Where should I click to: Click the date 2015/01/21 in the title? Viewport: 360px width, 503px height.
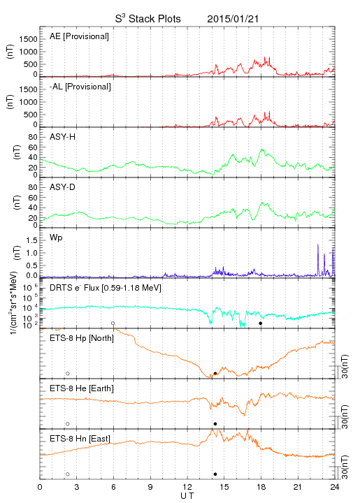pyautogui.click(x=233, y=19)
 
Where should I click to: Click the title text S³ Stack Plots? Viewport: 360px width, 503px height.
pyautogui.click(x=148, y=18)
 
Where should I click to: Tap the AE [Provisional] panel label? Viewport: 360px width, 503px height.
pyautogui.click(x=79, y=36)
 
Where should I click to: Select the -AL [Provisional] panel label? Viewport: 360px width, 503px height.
pyautogui.click(x=80, y=87)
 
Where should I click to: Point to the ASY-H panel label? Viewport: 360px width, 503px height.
pyautogui.click(x=63, y=137)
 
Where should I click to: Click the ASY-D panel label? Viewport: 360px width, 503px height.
pyautogui.click(x=63, y=187)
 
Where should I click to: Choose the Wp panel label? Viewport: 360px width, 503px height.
pyautogui.click(x=56, y=238)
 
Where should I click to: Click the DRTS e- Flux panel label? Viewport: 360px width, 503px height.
pyautogui.click(x=106, y=288)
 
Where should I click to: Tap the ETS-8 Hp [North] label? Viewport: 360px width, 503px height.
pyautogui.click(x=82, y=338)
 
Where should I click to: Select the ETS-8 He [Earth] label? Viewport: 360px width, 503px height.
pyautogui.click(x=82, y=388)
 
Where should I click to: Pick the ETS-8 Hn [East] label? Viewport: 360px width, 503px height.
pyautogui.click(x=80, y=439)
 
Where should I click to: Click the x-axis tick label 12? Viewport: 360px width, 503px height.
pyautogui.click(x=187, y=487)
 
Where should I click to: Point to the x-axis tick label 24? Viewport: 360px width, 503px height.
pyautogui.click(x=335, y=487)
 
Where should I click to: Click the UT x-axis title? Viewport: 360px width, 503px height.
pyautogui.click(x=187, y=496)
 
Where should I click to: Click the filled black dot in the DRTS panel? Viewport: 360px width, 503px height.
pyautogui.click(x=261, y=323)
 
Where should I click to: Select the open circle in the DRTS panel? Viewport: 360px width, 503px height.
pyautogui.click(x=113, y=323)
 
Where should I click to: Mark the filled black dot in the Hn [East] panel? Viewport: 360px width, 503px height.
pyautogui.click(x=215, y=474)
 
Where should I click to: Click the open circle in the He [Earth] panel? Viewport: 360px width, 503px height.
pyautogui.click(x=68, y=424)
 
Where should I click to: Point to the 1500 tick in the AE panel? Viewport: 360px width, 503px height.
pyautogui.click(x=28, y=39)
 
